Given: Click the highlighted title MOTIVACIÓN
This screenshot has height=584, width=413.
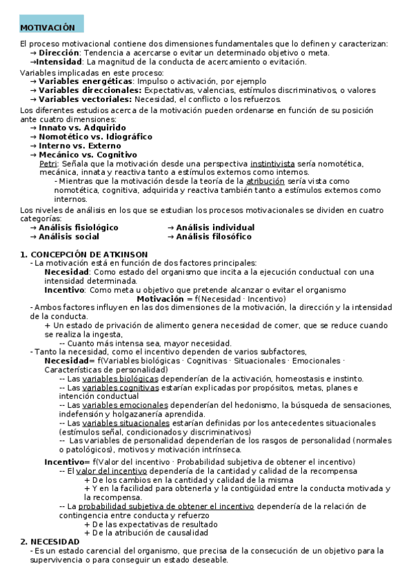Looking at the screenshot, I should point(47,28).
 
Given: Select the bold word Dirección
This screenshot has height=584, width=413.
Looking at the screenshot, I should point(59,53).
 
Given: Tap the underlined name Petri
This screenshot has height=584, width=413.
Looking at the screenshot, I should point(48,164).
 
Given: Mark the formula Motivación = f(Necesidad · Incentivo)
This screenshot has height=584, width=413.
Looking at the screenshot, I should point(211,299).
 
